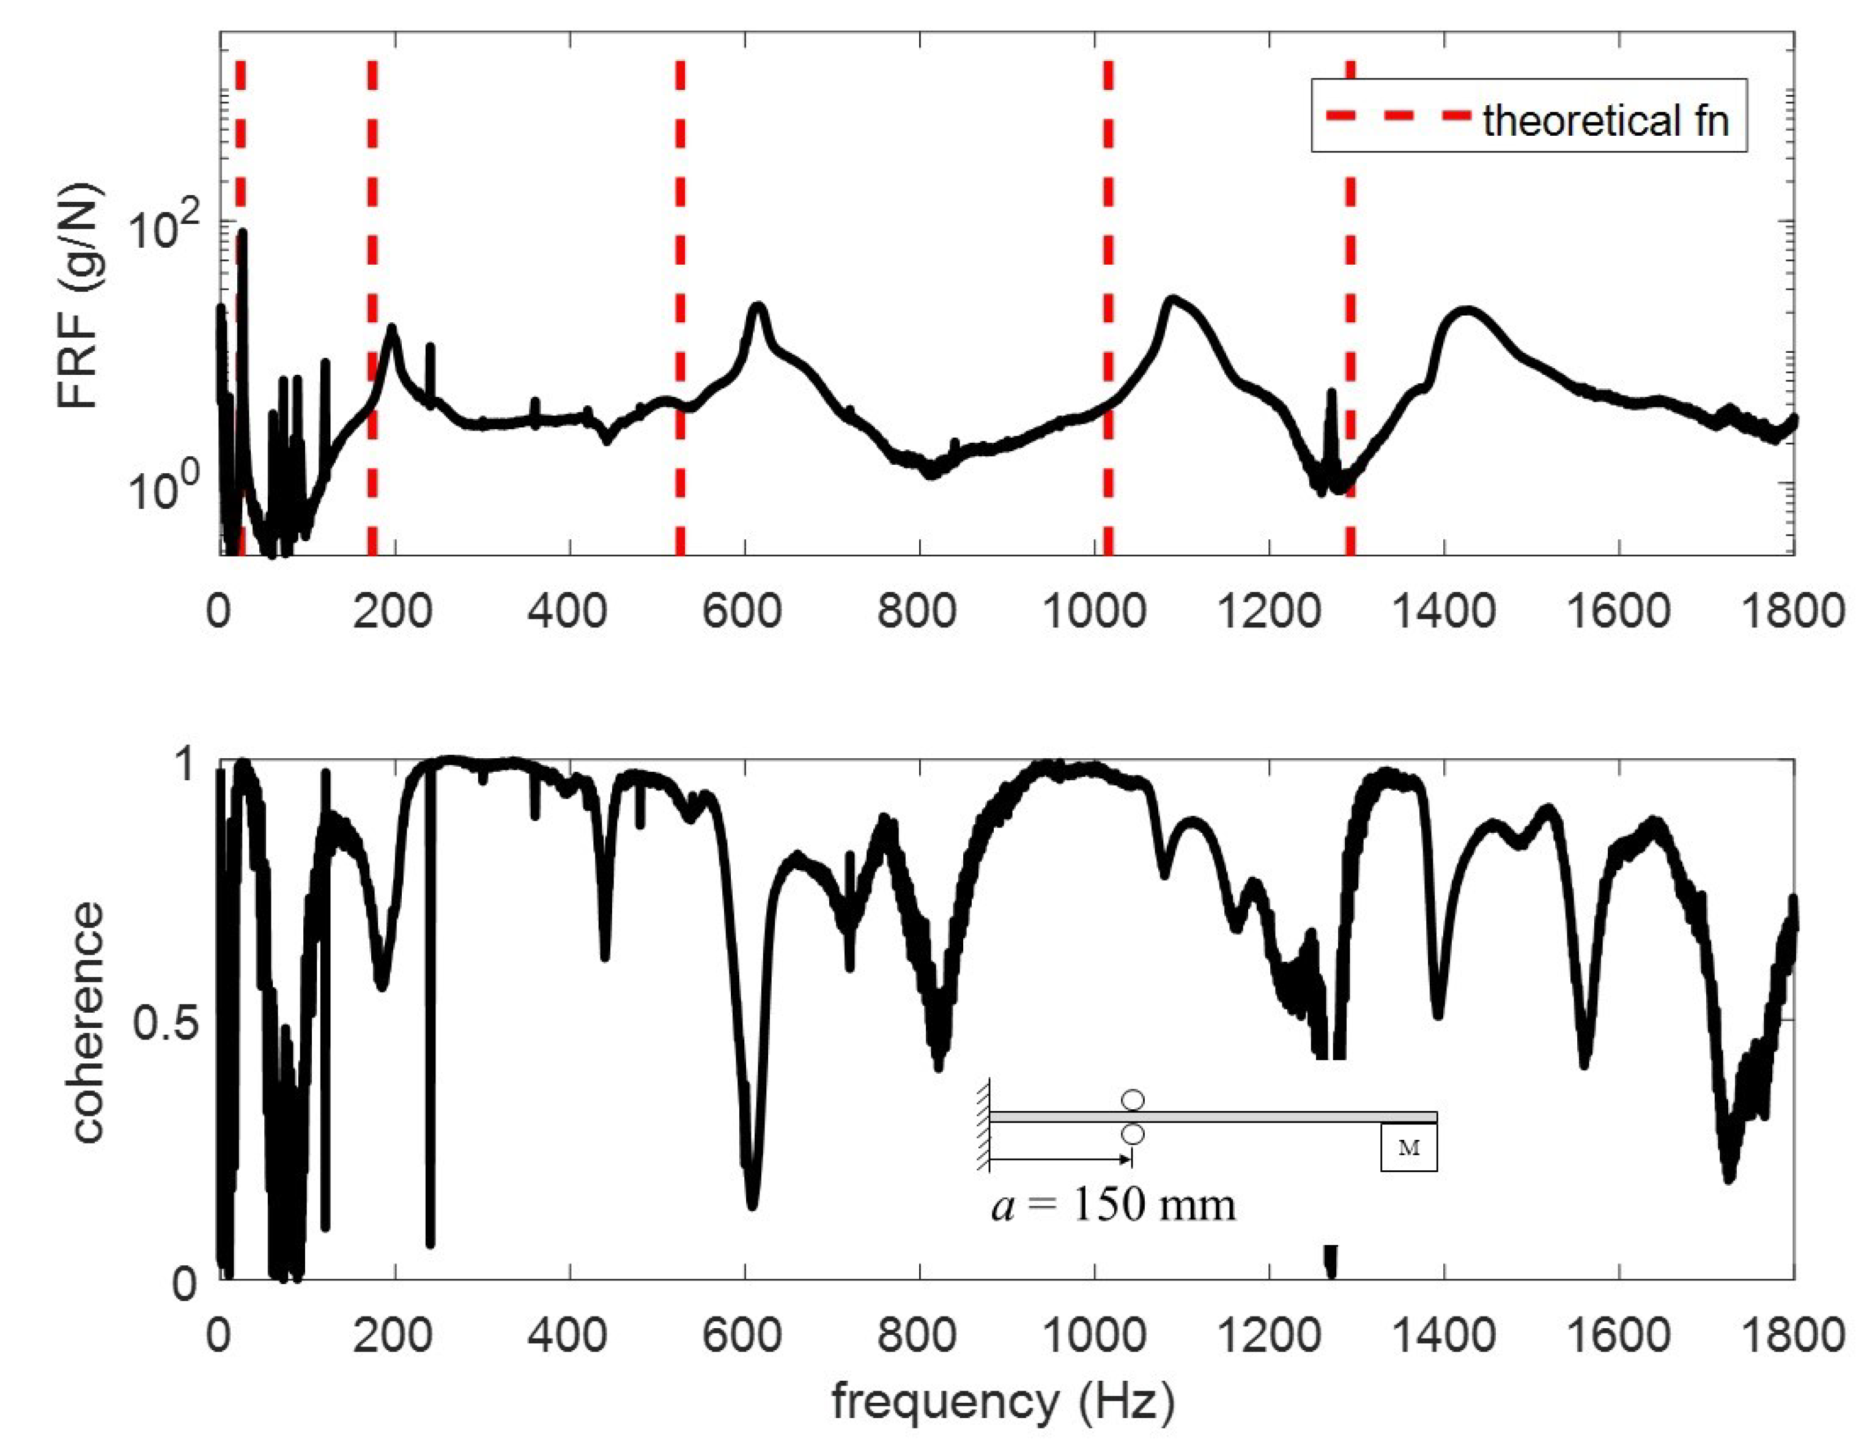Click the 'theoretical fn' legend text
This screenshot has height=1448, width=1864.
coord(1605,120)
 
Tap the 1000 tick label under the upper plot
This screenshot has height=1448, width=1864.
coord(1094,612)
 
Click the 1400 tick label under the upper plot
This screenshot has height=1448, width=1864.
coord(1443,612)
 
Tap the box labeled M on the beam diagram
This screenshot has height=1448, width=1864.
coord(1408,1148)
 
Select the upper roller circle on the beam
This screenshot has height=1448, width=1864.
coord(1133,1100)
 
